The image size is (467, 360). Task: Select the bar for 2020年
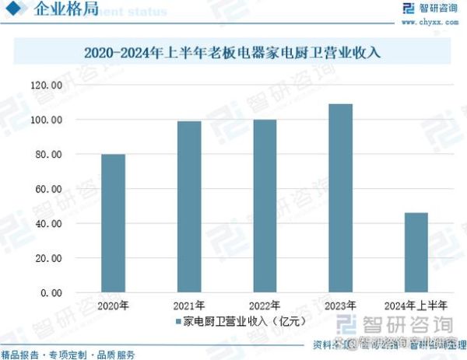coord(113,223)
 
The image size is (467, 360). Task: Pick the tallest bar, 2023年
coord(340,198)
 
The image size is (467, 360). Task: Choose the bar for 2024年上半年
coord(416,253)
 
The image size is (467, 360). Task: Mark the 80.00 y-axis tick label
coord(47,155)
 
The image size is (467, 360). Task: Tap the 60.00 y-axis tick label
coord(47,189)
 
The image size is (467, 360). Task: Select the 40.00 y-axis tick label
coord(47,224)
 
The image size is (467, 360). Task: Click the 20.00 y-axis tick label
coord(47,258)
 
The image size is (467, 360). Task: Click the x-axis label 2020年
coord(113,305)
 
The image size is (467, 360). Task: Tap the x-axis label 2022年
coord(264,305)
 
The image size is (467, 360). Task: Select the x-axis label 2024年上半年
coord(416,305)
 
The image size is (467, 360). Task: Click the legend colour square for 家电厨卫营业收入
coord(177,320)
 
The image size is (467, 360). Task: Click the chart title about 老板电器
coord(233,54)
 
